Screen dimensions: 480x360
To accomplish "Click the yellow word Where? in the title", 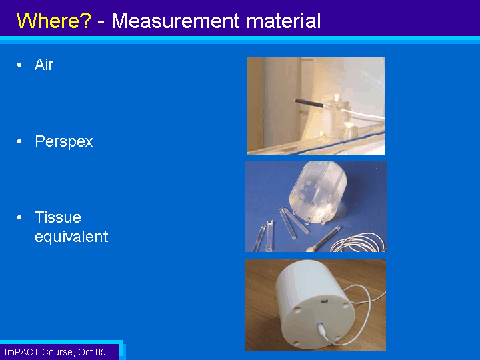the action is tap(54, 21).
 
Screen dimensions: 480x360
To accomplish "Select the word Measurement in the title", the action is tap(175, 21).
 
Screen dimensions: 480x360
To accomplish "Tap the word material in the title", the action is tap(283, 21).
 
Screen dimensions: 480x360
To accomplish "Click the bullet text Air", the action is tap(44, 65).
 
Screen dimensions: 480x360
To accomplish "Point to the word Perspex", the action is tap(64, 142).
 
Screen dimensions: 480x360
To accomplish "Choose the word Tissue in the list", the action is tap(58, 217).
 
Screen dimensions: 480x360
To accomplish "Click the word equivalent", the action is tap(71, 237).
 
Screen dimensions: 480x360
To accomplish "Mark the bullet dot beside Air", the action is tap(19, 65).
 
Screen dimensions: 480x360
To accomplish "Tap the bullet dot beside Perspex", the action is tap(19, 141).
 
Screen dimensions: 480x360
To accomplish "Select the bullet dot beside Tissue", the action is tap(19, 217).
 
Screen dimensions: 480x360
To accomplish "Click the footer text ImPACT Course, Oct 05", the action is tap(55, 352).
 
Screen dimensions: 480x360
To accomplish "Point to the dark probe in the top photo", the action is tap(309, 103).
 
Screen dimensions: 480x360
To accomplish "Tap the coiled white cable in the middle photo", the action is tap(358, 243).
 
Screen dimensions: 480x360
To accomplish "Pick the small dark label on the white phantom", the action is tap(325, 302).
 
